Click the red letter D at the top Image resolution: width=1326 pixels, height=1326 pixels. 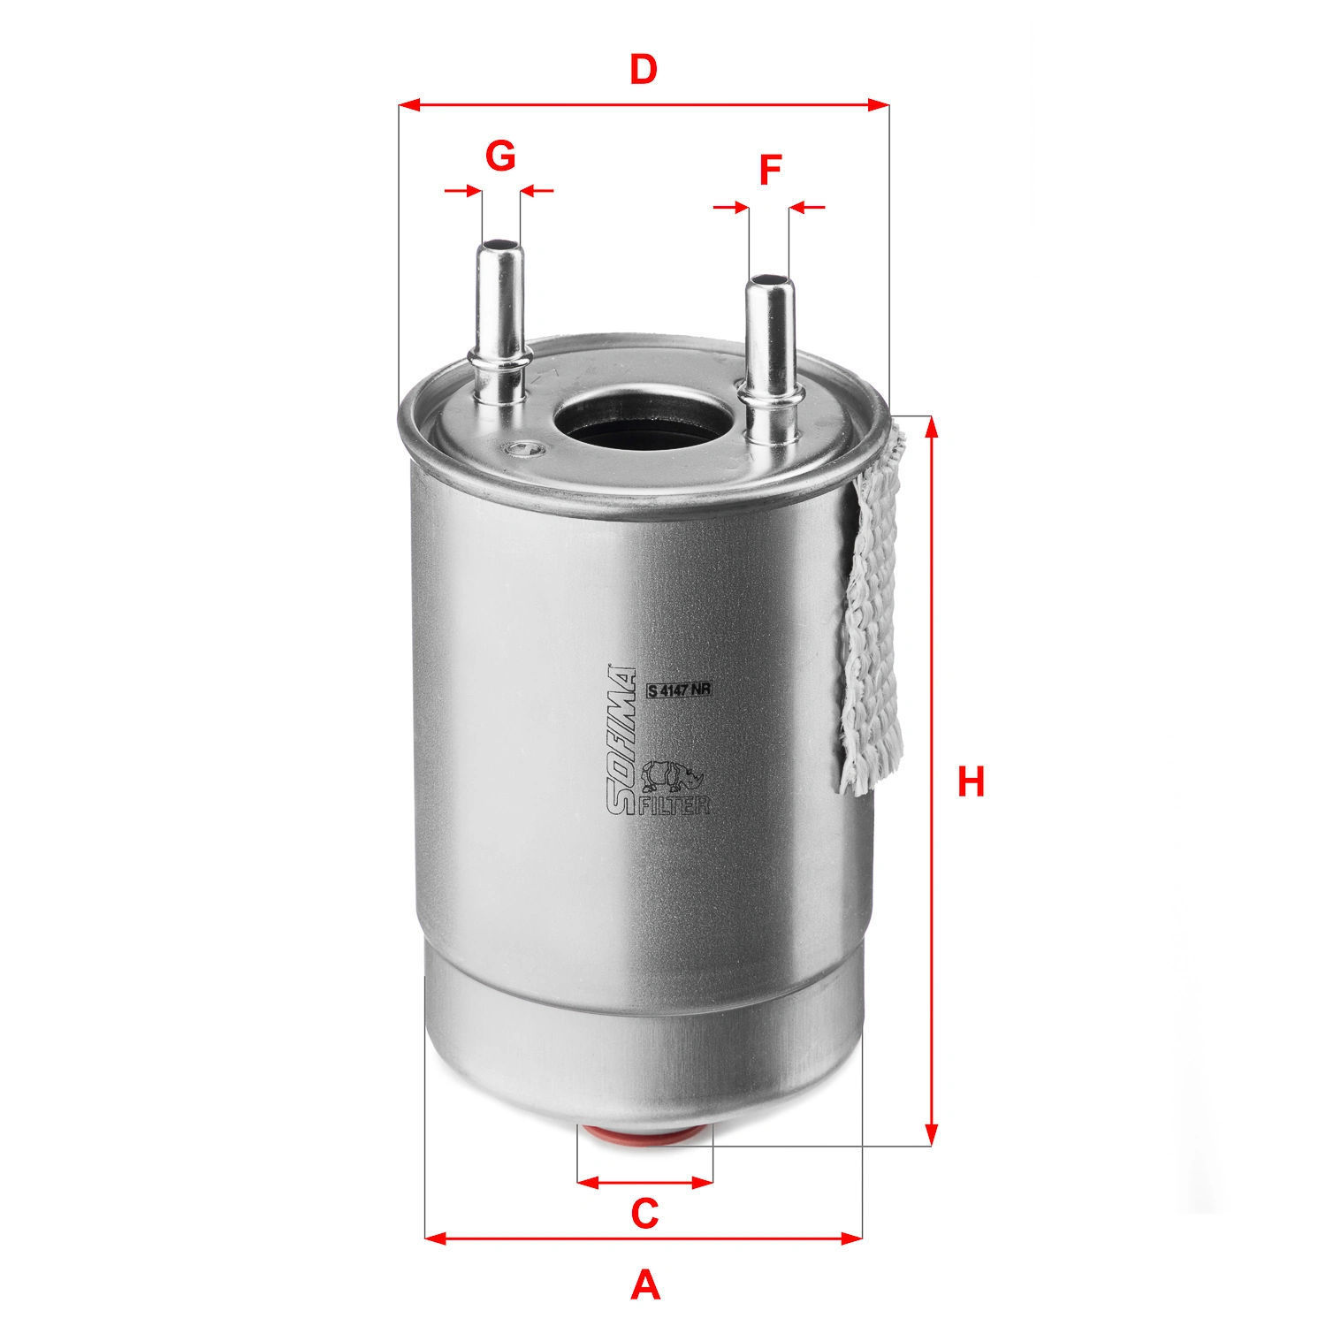coord(644,70)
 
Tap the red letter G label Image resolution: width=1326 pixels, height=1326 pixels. coord(500,156)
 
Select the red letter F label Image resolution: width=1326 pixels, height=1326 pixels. coord(770,170)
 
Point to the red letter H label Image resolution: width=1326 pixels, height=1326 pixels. coord(971,782)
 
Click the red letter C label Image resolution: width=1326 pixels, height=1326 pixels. coord(644,1214)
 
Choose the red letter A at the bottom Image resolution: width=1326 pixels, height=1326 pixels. coord(645,1284)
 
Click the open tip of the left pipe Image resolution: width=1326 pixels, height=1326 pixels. coord(499,245)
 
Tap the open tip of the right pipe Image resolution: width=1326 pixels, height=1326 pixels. coord(768,281)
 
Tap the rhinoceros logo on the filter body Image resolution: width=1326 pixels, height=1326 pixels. coord(672,775)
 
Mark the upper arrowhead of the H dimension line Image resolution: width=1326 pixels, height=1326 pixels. coord(930,425)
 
